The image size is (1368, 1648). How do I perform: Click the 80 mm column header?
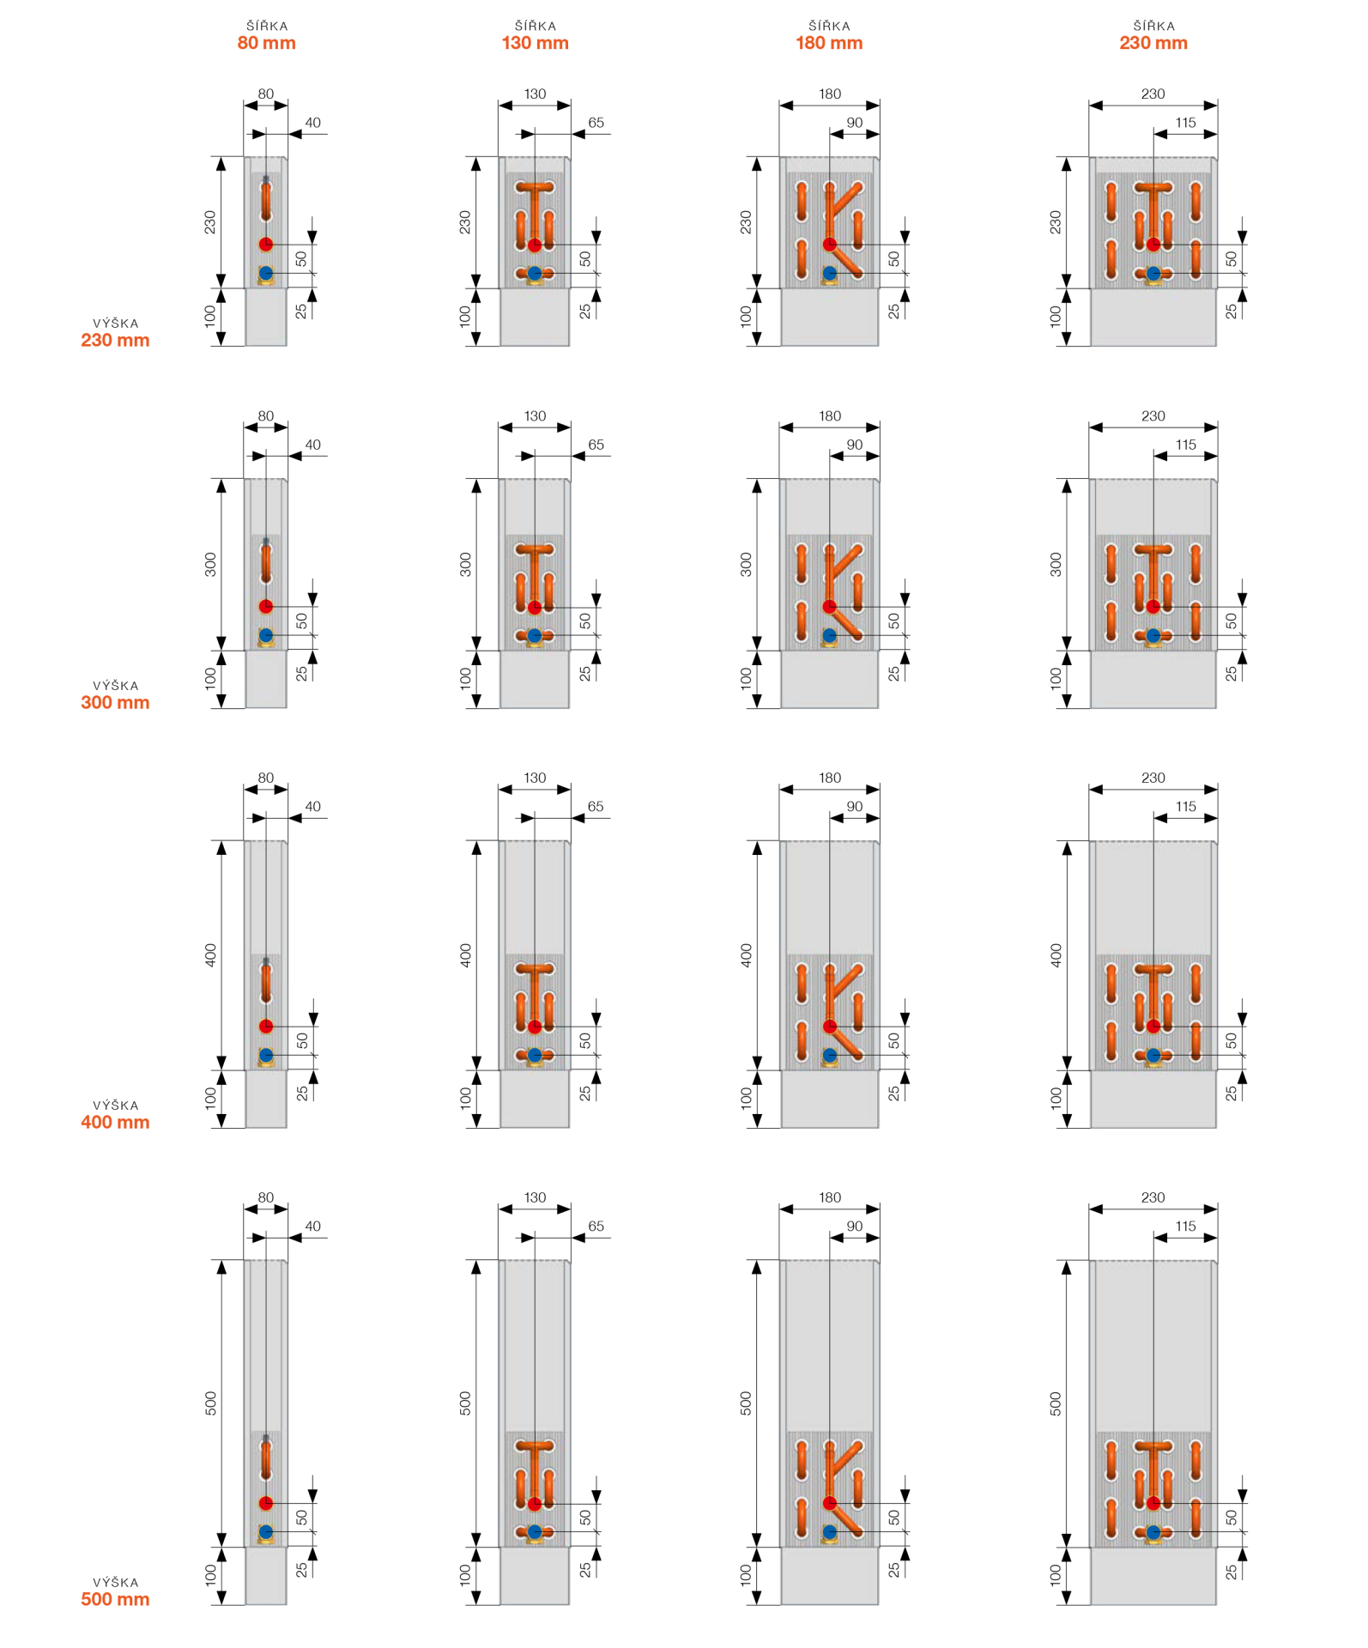coord(266,43)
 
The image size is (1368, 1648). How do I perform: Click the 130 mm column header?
coord(535,43)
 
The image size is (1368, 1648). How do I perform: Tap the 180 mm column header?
coord(829,43)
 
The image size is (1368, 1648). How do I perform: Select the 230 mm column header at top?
coord(1153,43)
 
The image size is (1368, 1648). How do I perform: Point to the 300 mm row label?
coord(115,702)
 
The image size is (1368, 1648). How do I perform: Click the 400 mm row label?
coord(115,1122)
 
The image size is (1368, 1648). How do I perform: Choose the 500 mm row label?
coord(115,1599)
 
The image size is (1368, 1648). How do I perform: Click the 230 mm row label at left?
coord(115,340)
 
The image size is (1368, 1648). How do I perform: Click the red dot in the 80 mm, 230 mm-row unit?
coord(266,245)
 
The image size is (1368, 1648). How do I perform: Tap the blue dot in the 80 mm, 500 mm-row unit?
coord(266,1531)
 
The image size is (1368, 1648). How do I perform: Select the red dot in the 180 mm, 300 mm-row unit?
coord(829,607)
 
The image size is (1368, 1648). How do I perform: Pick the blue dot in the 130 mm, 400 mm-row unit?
coord(535,1055)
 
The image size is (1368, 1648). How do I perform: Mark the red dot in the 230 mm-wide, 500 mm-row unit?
coord(1153,1503)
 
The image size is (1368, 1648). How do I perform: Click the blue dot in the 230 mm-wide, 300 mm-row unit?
coord(1153,635)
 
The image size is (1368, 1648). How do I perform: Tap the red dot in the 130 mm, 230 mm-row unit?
coord(535,245)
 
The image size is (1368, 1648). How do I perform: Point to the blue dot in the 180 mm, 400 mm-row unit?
coord(829,1055)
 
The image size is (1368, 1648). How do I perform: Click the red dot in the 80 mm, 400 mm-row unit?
coord(266,1027)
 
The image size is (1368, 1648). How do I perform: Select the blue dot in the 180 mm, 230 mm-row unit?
coord(829,273)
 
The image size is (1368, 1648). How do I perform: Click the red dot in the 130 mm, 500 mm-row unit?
coord(535,1504)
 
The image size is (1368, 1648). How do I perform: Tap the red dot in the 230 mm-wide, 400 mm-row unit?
coord(1153,1027)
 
